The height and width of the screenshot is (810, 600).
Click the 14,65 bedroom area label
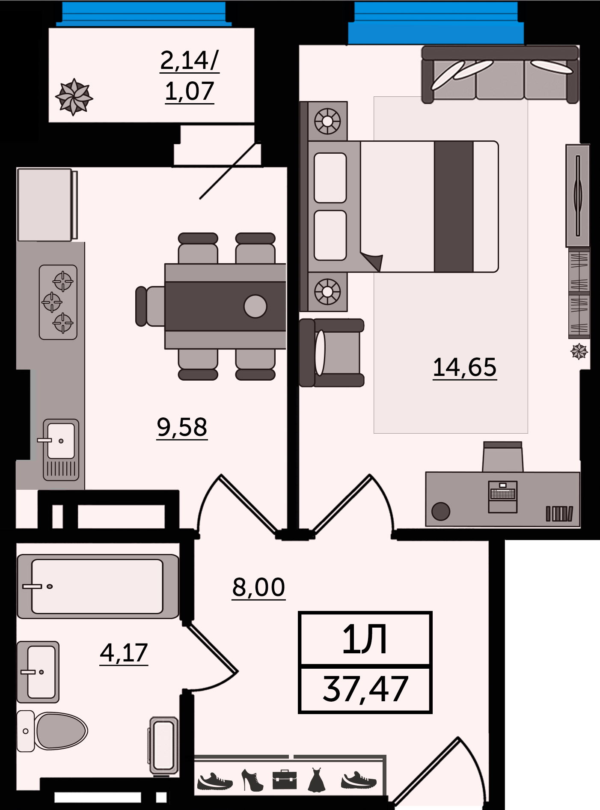click(464, 367)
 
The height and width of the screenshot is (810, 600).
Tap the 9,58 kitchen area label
click(182, 427)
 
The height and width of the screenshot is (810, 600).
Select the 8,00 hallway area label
click(258, 587)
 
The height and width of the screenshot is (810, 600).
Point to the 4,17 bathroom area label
click(124, 653)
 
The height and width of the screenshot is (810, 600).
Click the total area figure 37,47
click(365, 689)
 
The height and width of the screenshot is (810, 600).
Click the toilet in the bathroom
click(52, 731)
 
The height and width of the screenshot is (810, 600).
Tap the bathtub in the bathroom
click(98, 586)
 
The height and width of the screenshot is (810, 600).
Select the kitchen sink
click(61, 450)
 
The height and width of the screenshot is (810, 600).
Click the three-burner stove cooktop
click(58, 302)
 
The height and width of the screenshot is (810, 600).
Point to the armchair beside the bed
click(332, 353)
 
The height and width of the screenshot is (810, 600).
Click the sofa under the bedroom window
click(500, 74)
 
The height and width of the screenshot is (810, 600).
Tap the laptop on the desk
click(503, 497)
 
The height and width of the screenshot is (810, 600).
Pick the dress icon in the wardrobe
click(317, 780)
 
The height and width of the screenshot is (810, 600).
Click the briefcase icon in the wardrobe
click(285, 780)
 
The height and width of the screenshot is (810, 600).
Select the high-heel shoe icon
click(252, 780)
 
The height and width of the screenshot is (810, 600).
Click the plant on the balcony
click(74, 97)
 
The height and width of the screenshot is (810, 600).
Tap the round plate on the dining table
click(255, 307)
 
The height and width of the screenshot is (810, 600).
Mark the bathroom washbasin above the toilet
click(38, 672)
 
